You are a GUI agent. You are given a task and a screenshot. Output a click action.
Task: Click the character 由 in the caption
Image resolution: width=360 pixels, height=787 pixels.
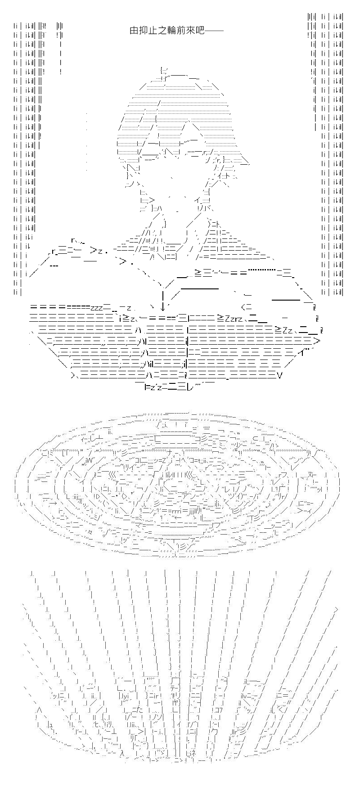133,31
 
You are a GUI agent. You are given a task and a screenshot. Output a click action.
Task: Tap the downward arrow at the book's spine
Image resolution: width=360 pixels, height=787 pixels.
162,298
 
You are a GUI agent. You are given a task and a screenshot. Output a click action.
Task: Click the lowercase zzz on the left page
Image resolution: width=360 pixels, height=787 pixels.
97,308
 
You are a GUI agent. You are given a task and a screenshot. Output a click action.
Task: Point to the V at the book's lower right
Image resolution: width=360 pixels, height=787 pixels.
280,373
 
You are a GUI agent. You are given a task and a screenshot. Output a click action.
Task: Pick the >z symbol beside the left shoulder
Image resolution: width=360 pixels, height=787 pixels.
96,251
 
